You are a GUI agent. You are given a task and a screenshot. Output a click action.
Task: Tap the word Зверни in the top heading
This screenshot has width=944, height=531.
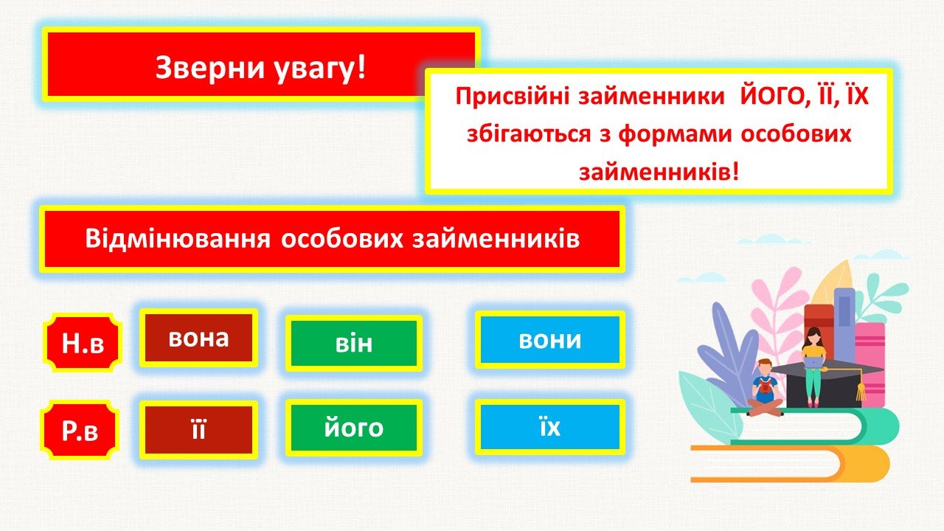click(x=210, y=68)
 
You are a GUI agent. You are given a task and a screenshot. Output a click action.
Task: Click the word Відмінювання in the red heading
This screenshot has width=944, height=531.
click(x=178, y=238)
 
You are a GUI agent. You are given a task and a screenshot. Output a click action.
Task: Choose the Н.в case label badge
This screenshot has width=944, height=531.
click(x=83, y=343)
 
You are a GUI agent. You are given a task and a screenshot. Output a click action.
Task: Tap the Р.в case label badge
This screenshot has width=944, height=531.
click(x=80, y=430)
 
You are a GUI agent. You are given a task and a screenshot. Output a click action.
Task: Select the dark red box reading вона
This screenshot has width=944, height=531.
click(x=198, y=338)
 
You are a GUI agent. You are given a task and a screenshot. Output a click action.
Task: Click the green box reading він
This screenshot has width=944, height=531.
click(x=354, y=343)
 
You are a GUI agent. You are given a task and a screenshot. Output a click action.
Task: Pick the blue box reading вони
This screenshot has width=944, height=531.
click(x=550, y=340)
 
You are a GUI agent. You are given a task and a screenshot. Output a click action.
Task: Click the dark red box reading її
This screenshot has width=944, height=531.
click(x=198, y=430)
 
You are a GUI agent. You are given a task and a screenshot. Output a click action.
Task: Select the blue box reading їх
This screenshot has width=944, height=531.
click(x=550, y=427)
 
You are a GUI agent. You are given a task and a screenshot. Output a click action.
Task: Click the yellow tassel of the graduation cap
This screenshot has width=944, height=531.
click(x=860, y=391)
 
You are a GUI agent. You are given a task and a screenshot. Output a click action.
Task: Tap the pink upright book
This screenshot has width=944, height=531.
click(x=870, y=364)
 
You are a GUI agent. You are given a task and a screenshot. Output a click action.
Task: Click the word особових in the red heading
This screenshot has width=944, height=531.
click(x=341, y=239)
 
